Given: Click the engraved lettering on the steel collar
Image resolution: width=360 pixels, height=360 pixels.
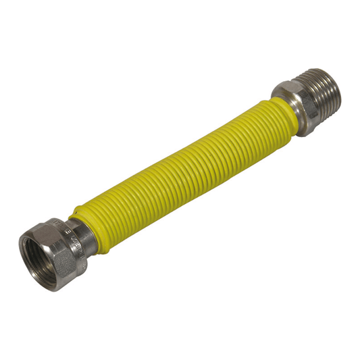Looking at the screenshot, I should tap(68, 230).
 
